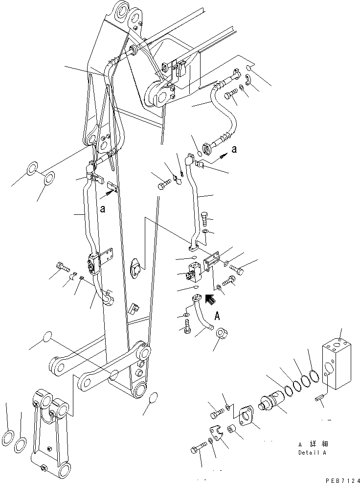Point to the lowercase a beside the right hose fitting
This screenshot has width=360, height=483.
pyautogui.click(x=234, y=149)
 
